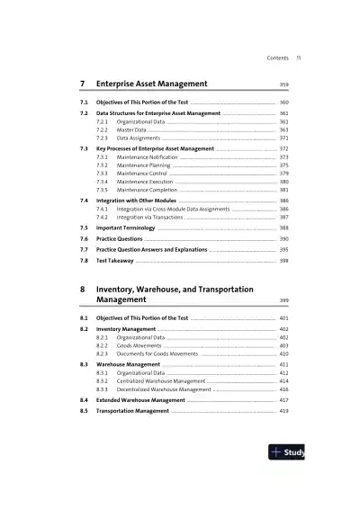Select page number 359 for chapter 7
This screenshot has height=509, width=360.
click(283, 85)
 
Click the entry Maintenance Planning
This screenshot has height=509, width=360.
click(150, 165)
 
